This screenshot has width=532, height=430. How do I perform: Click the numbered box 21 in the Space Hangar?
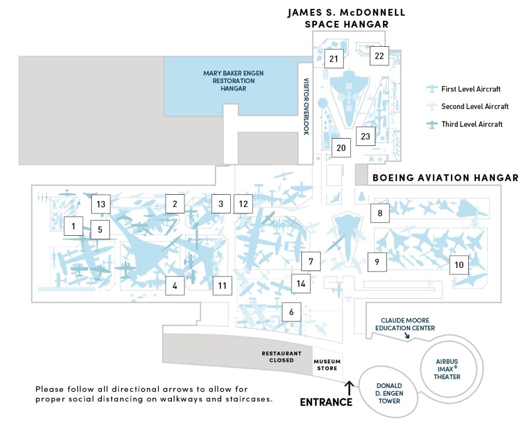(x=334, y=59)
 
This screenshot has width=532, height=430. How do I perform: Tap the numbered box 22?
(x=379, y=56)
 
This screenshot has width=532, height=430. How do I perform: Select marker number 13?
(x=101, y=204)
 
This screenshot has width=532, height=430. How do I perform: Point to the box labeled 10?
(x=459, y=264)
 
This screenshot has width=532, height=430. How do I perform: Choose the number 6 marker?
(x=291, y=312)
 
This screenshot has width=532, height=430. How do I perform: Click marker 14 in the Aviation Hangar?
(x=301, y=283)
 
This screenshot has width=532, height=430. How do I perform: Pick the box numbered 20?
(x=341, y=147)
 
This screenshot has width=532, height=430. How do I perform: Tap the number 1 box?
(x=73, y=226)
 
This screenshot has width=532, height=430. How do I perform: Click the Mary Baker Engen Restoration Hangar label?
(x=233, y=80)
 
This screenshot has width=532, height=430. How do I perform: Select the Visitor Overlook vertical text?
(x=306, y=106)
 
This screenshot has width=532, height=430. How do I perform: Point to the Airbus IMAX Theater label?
(x=447, y=369)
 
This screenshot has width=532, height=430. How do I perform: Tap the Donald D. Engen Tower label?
(x=390, y=393)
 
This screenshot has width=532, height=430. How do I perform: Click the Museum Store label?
(x=327, y=365)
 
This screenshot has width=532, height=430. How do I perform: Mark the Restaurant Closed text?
(x=282, y=357)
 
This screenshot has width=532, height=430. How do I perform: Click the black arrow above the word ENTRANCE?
(x=350, y=388)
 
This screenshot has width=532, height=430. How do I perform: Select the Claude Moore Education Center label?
(x=405, y=324)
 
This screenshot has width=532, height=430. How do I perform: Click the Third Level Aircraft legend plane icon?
(x=432, y=125)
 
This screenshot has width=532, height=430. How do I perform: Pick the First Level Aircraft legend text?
(x=471, y=89)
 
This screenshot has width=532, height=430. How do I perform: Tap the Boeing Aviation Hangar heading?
(x=445, y=178)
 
